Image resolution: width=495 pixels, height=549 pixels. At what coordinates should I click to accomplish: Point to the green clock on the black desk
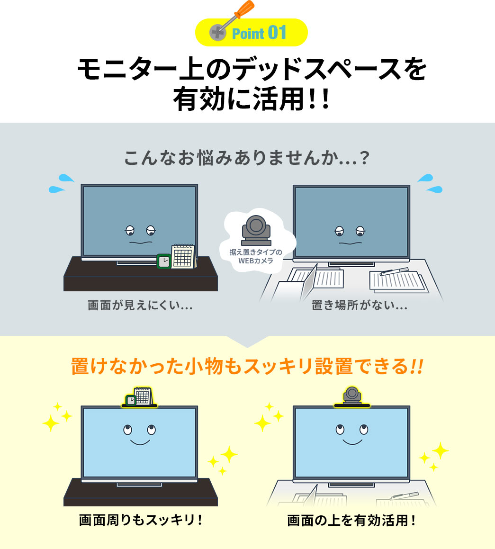tap(164, 261)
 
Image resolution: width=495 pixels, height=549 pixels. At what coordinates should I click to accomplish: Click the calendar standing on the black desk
tap(183, 256)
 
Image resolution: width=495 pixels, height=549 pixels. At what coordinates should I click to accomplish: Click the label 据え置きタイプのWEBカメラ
tap(256, 256)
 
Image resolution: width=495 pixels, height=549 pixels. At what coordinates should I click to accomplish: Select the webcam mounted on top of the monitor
tap(351, 396)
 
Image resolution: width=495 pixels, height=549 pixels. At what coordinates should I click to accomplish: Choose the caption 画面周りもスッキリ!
tap(141, 521)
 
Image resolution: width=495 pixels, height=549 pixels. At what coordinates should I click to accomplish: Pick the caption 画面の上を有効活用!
tap(351, 521)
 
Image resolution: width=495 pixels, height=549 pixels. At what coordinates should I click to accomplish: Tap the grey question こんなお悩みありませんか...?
tap(247, 159)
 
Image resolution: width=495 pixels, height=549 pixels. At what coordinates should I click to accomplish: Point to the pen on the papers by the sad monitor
tap(395, 271)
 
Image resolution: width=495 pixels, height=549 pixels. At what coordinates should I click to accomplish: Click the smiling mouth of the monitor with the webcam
tap(351, 442)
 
